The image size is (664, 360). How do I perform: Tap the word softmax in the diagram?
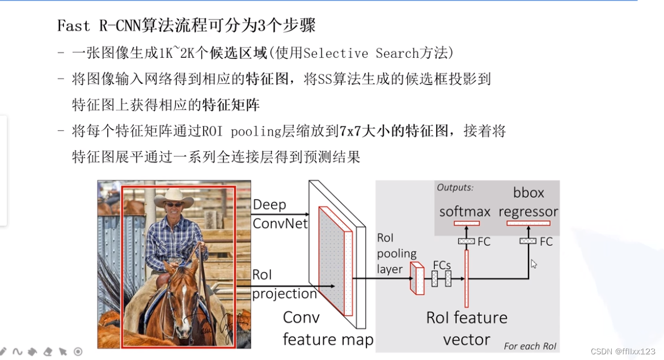(465, 211)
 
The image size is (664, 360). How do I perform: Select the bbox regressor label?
(528, 202)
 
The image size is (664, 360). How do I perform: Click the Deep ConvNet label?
(280, 214)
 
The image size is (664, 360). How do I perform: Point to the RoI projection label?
(284, 285)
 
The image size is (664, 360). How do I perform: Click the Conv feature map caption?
(328, 328)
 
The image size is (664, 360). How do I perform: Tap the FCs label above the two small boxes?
(442, 265)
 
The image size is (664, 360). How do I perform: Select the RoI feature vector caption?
(467, 328)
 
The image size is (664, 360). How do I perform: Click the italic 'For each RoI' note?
(530, 346)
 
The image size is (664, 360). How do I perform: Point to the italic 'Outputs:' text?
(455, 187)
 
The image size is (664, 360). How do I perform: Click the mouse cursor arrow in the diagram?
(533, 263)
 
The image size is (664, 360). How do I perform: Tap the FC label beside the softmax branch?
(484, 242)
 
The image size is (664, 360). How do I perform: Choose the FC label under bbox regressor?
(545, 242)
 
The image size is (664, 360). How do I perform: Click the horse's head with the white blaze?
(182, 295)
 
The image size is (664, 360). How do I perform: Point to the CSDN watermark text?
(623, 351)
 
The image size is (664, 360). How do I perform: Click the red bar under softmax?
(467, 223)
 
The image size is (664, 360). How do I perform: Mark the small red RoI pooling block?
(417, 278)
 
